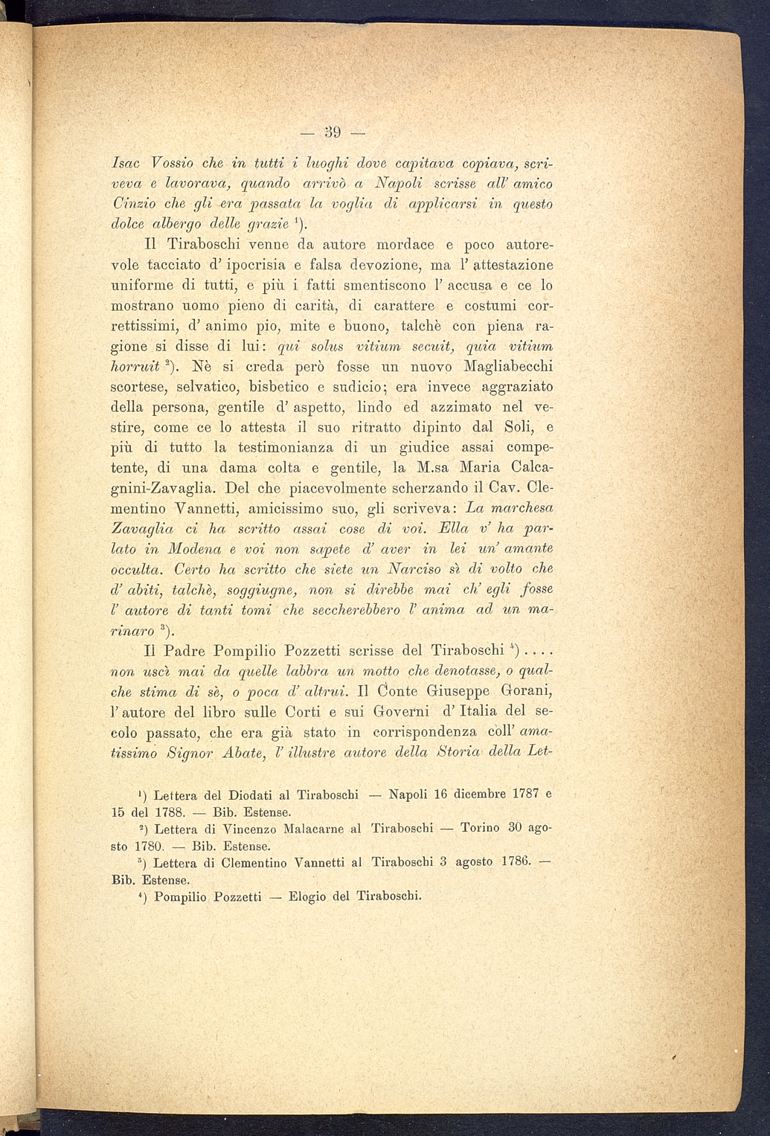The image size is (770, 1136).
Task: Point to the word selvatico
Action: [219, 387]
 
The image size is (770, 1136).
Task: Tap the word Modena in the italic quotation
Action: [205, 548]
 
